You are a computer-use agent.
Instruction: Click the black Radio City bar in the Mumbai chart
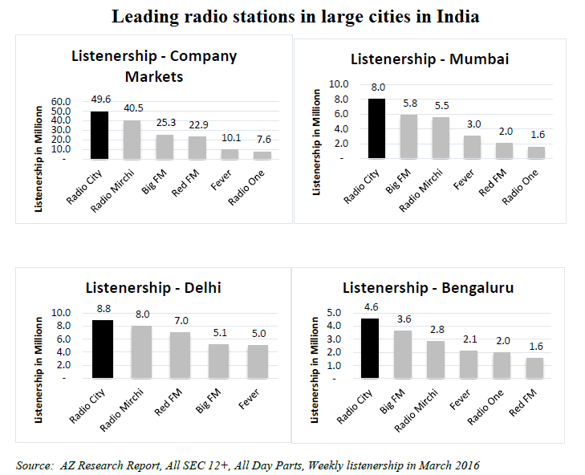376,128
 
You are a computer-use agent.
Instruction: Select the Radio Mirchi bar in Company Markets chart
133,140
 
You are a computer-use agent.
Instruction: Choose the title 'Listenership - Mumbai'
429,59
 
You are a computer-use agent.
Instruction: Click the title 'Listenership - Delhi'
152,288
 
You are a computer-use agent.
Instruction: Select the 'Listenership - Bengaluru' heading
428,288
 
